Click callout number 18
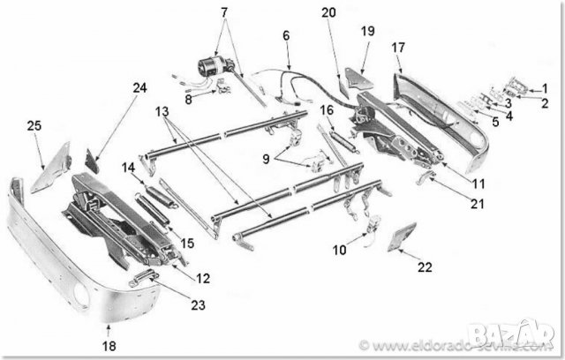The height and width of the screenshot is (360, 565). click(x=108, y=346)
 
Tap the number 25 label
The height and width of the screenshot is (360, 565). click(x=34, y=127)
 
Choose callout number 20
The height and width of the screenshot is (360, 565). click(x=328, y=12)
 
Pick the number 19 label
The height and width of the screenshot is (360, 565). click(x=367, y=30)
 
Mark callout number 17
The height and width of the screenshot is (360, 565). click(x=398, y=47)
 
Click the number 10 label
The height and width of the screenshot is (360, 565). click(x=340, y=251)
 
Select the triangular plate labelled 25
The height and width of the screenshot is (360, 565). click(x=51, y=168)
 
